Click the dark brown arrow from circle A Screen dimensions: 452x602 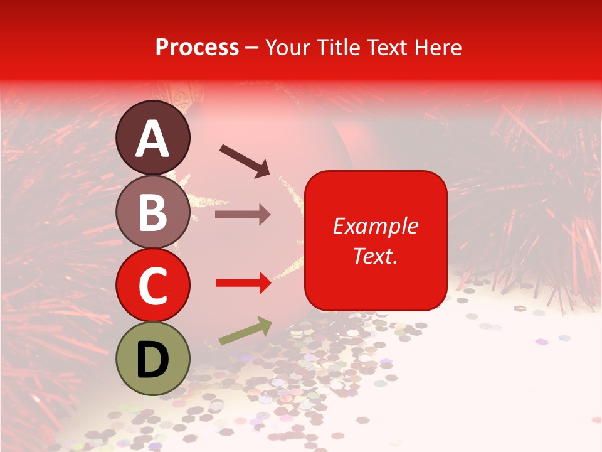pos(244,159)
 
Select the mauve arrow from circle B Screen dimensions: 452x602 pos(242,215)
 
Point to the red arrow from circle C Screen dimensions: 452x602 pos(243,283)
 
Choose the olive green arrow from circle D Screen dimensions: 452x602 pos(245,331)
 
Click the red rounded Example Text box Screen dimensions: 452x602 pos(376,240)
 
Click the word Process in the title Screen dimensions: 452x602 pos(197,47)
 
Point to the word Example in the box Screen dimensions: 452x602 pos(376,226)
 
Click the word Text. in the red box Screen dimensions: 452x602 pos(376,256)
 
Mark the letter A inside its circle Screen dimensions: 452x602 pos(153,139)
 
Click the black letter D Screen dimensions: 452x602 pos(153,359)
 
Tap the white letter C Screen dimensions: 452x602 pos(153,286)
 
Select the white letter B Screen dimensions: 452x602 pos(153,212)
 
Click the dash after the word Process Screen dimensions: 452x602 pos(252,47)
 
